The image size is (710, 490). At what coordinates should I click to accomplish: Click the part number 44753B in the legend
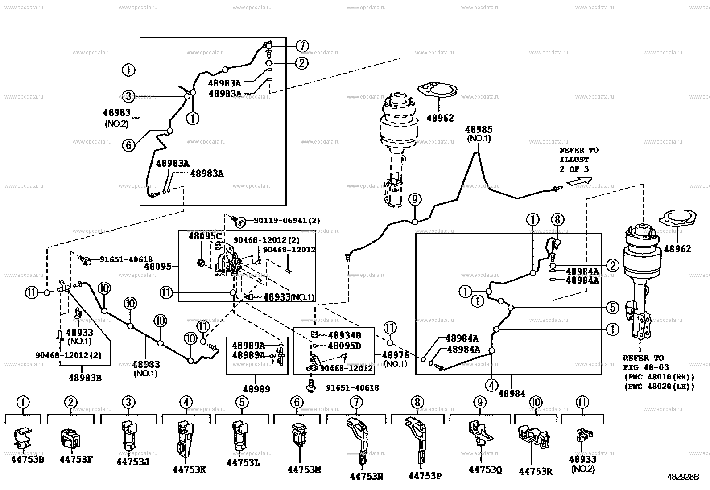click(x=27, y=459)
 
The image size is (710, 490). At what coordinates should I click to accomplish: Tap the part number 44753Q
click(x=485, y=469)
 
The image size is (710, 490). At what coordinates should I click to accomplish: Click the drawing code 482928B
click(x=683, y=477)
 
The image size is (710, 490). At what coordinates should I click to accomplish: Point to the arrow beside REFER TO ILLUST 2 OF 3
click(x=580, y=181)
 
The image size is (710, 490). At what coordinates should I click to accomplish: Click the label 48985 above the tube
click(x=479, y=130)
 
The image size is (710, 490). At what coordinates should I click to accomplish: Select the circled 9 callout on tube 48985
click(x=415, y=199)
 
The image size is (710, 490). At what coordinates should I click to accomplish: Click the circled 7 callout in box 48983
click(x=302, y=46)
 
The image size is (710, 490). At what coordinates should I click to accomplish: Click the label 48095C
click(x=205, y=235)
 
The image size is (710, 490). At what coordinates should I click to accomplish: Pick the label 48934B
click(x=344, y=335)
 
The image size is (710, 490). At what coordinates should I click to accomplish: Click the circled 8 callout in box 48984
click(x=557, y=219)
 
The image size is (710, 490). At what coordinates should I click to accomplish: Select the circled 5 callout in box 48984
click(x=612, y=308)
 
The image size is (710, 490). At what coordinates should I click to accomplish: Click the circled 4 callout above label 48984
click(x=492, y=385)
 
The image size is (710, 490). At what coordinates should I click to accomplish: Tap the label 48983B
click(x=85, y=378)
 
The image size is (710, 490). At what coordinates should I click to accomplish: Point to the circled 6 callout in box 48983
click(x=128, y=145)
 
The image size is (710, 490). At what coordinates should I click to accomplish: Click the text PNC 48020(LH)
click(x=660, y=387)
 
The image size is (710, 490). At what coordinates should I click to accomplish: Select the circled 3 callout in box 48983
click(x=128, y=95)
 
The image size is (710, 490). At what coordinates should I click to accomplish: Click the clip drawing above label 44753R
click(x=531, y=436)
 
